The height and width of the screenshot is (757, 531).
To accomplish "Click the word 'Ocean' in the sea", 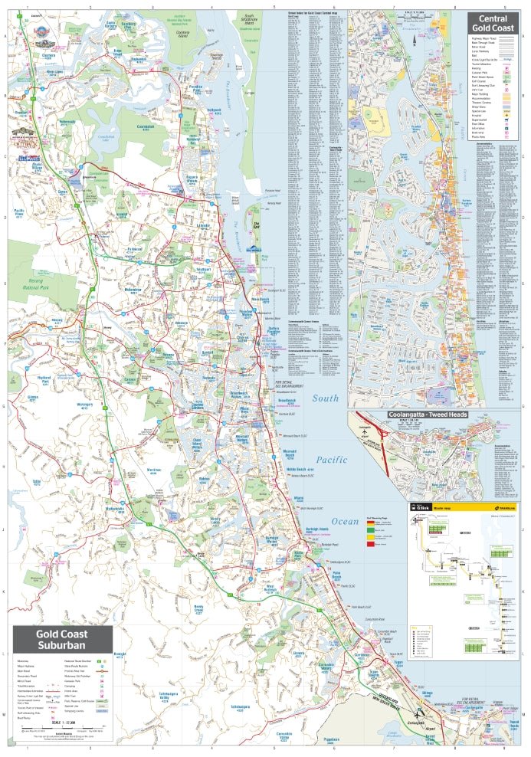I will pyautogui.click(x=345, y=522).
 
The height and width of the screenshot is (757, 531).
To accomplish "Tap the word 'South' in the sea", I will pyautogui.click(x=325, y=398).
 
